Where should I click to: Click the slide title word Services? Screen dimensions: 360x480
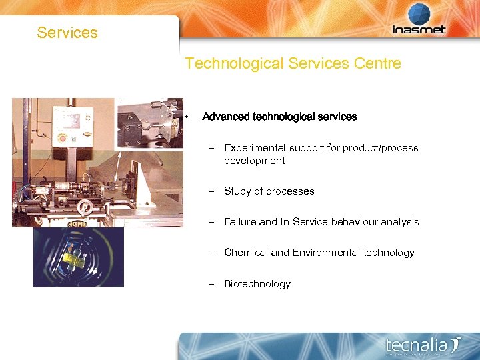coord(67,33)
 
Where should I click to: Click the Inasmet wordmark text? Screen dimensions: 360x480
coord(419,30)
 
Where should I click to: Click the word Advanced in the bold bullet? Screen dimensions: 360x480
coord(226,117)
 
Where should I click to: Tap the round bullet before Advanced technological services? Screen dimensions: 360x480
coord(189,117)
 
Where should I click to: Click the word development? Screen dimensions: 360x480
coord(254,161)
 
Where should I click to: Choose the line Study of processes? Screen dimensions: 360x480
coord(269,191)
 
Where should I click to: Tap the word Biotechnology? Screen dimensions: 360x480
coord(257,284)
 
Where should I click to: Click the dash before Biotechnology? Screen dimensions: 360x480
coord(210,284)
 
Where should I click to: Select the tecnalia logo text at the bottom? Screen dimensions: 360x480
coord(418,345)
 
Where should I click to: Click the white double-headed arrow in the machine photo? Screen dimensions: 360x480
coord(119,164)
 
